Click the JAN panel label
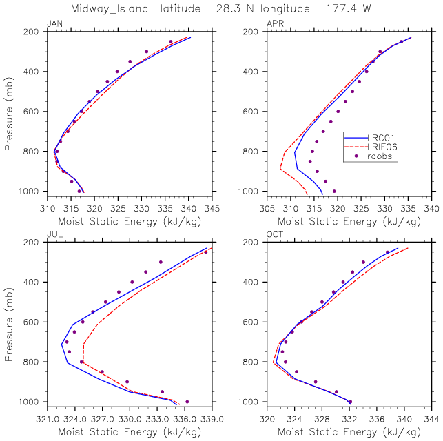(55, 23)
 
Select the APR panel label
(275, 23)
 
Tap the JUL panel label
(55, 234)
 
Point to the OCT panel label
(275, 234)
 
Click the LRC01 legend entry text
(381, 138)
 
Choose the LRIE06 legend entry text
(382, 147)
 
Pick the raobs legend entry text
(380, 156)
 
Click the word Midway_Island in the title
(110, 9)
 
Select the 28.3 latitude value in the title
(228, 8)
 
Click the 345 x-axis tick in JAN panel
(212, 209)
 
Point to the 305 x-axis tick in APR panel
(267, 209)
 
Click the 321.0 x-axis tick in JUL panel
(48, 419)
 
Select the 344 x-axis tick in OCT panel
(431, 419)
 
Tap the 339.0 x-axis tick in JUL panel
(212, 419)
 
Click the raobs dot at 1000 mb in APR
(334, 192)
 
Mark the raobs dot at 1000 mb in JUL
(187, 402)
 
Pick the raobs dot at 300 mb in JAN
(146, 52)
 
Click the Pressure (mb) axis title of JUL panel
(9, 325)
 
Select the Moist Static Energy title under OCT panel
(349, 432)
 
